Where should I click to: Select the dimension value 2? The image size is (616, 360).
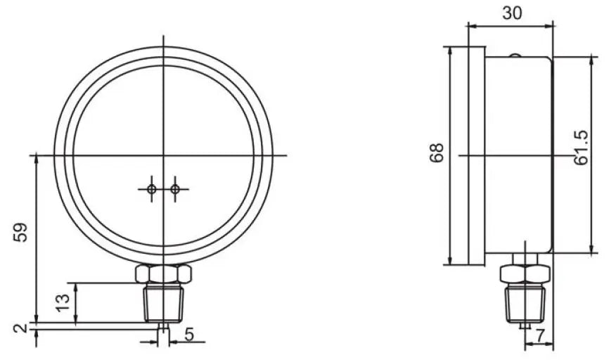[20, 328]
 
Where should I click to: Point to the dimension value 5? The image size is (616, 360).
[189, 335]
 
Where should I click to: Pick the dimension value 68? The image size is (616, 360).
[437, 153]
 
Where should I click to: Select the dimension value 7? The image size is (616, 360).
[540, 336]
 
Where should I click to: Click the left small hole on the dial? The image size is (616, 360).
[151, 188]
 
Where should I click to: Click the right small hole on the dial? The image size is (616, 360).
[175, 188]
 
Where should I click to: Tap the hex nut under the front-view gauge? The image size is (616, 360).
[163, 273]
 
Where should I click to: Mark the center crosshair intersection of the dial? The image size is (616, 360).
[163, 155]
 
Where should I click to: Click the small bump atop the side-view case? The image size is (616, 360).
[515, 56]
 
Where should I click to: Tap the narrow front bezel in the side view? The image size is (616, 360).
[476, 155]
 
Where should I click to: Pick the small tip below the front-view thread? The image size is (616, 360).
[163, 327]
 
